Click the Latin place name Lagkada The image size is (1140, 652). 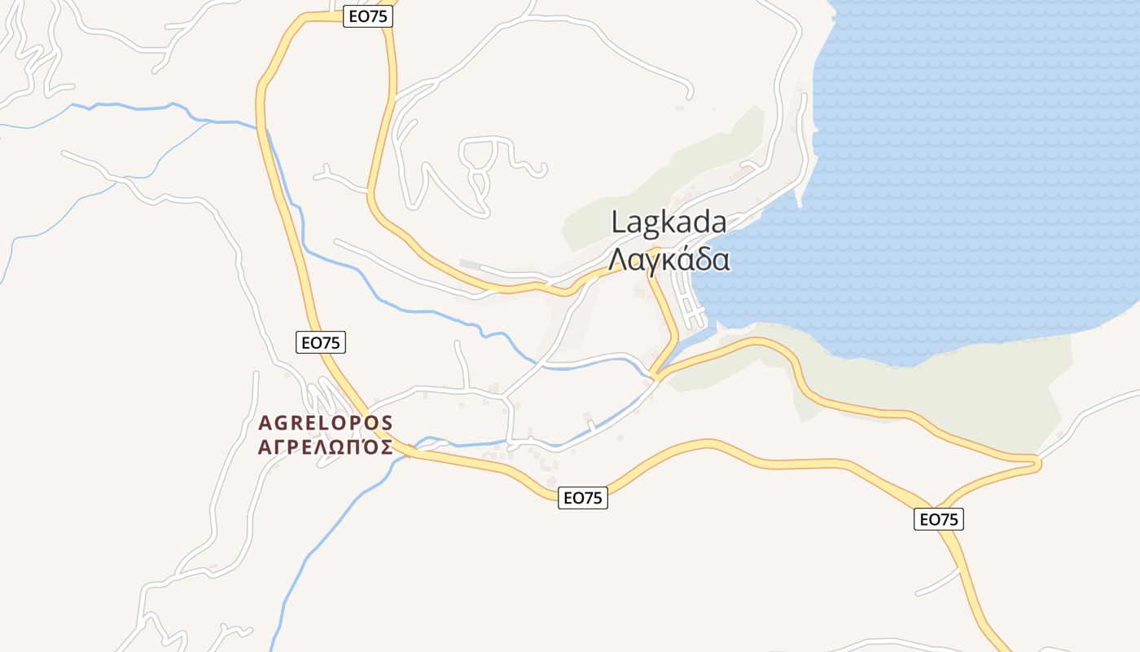coord(669,222)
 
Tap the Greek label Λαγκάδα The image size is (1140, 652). coord(669,259)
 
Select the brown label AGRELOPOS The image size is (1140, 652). coord(326,424)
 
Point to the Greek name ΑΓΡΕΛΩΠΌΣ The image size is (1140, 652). coord(326,447)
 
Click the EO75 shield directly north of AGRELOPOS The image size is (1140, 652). coord(321,343)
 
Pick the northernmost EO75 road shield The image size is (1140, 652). coord(368,16)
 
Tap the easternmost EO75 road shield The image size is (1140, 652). coord(939,519)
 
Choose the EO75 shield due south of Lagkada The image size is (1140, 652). coord(583,498)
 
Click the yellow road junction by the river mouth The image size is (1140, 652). coord(657,377)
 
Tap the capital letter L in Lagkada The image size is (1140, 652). coord(618,222)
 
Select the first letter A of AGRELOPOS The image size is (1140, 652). coord(264,424)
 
